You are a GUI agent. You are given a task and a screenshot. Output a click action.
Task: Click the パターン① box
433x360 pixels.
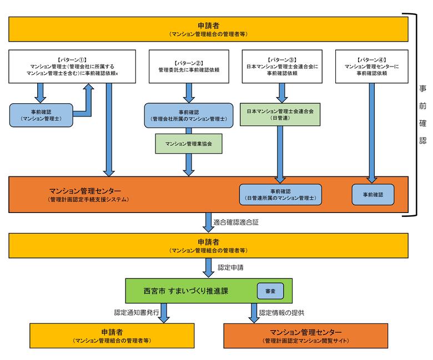[73, 67]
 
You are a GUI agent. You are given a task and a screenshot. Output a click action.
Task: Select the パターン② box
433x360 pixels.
[189, 67]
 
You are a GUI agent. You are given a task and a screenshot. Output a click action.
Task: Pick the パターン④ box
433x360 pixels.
[372, 67]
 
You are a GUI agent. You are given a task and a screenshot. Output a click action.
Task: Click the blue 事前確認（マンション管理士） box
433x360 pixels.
[42, 115]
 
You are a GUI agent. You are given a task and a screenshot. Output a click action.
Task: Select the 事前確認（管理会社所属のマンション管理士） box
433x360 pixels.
[189, 115]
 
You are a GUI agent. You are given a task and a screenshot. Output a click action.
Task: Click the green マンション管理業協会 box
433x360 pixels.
[189, 144]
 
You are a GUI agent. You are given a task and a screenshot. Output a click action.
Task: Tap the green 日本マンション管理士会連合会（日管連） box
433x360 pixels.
[280, 114]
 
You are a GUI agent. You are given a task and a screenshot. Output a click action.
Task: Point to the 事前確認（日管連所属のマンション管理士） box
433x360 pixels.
[280, 194]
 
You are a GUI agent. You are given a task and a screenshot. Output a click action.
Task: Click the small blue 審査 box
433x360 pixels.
[270, 290]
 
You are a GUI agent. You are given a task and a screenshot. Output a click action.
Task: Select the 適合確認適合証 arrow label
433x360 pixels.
[236, 221]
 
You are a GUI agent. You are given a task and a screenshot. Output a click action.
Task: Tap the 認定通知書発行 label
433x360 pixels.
[137, 312]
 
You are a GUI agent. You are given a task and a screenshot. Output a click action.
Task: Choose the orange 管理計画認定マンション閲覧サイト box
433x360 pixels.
[305, 335]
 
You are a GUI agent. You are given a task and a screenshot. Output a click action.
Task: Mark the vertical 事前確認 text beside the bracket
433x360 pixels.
[422, 114]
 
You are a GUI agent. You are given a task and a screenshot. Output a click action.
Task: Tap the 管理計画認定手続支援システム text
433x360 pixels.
[89, 199]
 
